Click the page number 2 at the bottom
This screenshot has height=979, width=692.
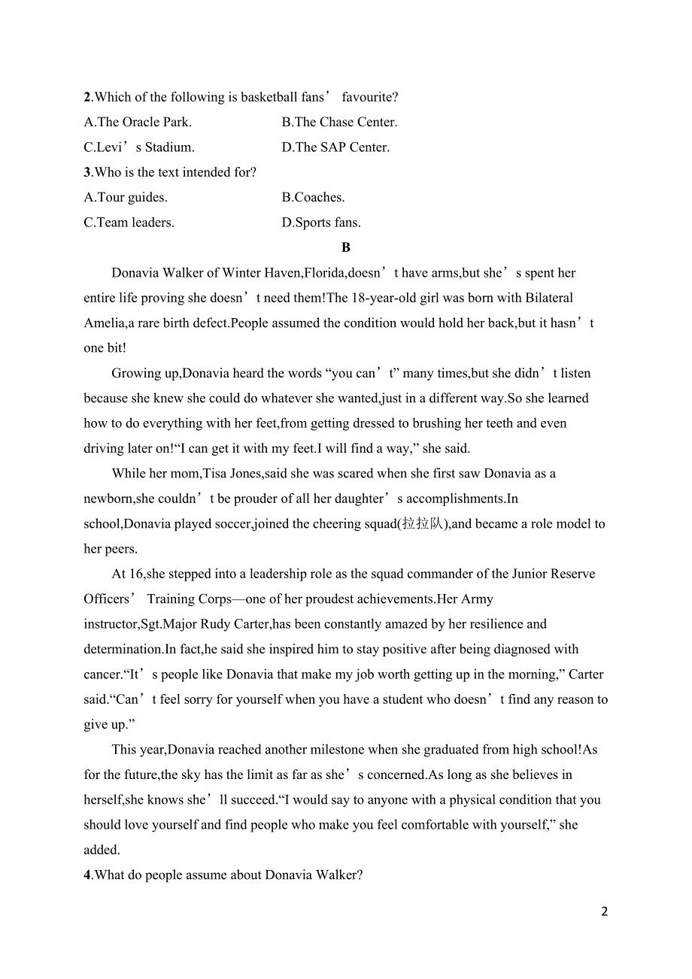pos(605,911)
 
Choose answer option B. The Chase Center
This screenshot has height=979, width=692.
pos(339,122)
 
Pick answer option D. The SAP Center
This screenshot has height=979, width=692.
pos(335,147)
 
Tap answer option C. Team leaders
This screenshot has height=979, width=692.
pos(129,223)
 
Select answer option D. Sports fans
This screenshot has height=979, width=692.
pos(321,223)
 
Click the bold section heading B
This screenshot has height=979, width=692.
pos(346,247)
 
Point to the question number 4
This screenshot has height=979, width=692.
pos(87,875)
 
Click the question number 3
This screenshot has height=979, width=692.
pos(87,172)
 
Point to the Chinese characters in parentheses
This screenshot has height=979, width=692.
pos(423,524)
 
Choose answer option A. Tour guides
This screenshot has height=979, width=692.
pos(126,198)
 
